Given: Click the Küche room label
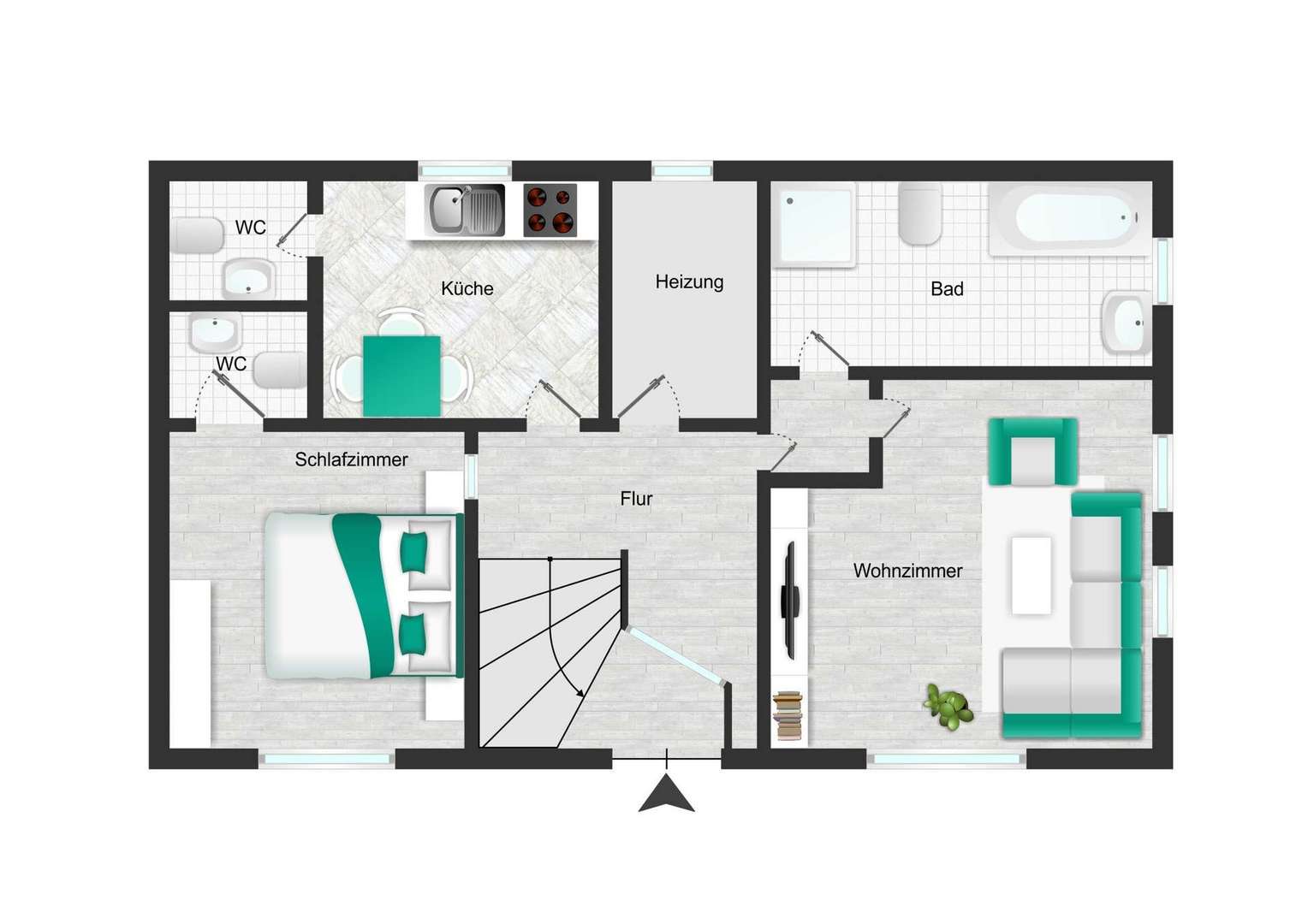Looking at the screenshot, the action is [x=467, y=288].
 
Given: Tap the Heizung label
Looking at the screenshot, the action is [x=689, y=282].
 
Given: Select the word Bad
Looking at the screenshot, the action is [x=947, y=289].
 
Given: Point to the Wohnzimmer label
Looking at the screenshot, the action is [x=907, y=571].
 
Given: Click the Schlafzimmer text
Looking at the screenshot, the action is [x=351, y=459].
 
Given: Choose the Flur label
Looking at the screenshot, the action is [x=636, y=499].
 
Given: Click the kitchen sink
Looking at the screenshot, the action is [x=465, y=210].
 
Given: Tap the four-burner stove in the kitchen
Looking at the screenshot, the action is [x=550, y=210].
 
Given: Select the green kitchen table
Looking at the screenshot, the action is [x=401, y=376].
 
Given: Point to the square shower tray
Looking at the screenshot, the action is [x=814, y=225].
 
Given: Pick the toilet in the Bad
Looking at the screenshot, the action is [x=920, y=214].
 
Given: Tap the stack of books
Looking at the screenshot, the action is [x=788, y=715].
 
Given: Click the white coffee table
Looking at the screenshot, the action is [x=1032, y=576].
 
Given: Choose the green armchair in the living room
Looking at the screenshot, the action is [x=1032, y=452].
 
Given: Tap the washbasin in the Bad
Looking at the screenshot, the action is [x=1127, y=323].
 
